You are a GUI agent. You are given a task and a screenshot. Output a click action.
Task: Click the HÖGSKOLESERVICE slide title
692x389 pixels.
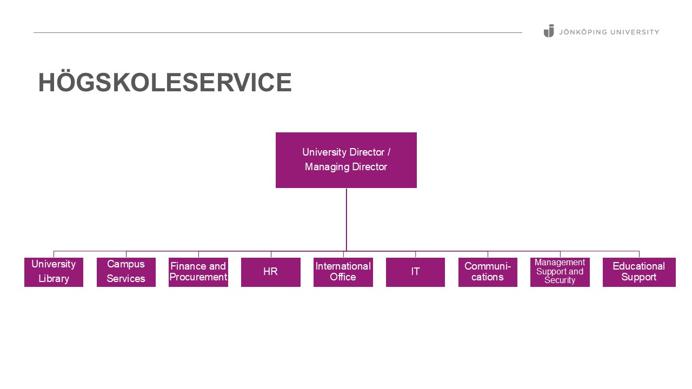click(165, 83)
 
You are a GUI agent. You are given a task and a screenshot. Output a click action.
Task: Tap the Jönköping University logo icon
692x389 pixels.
click(549, 31)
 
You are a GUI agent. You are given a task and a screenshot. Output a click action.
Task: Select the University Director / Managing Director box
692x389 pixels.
click(346, 160)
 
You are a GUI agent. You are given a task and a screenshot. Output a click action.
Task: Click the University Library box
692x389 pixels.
click(54, 272)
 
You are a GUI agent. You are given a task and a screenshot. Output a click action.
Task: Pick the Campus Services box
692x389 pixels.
click(126, 272)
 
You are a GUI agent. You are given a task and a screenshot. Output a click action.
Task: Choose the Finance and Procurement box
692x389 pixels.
click(198, 272)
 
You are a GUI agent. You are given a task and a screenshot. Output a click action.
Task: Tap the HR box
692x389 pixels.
click(270, 272)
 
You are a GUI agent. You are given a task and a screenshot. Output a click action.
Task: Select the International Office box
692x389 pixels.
click(343, 272)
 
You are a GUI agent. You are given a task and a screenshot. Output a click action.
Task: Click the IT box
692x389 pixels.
click(415, 272)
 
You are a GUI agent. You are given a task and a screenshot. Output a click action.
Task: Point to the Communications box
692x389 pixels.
click(488, 272)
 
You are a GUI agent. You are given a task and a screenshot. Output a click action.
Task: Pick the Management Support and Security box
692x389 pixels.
click(560, 272)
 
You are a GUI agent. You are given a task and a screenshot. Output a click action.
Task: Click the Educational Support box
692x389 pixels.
click(639, 272)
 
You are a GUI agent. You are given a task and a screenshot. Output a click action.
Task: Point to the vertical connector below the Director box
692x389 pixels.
click(346, 219)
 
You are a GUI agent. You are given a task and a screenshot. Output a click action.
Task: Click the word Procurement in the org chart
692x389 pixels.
click(198, 277)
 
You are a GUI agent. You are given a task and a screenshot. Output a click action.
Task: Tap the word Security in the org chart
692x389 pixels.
click(560, 280)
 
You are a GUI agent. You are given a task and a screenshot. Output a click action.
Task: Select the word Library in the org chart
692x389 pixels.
click(54, 279)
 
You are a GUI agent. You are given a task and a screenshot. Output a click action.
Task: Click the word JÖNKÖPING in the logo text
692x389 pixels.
click(581, 32)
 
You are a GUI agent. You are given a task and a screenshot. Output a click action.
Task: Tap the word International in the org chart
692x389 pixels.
click(343, 266)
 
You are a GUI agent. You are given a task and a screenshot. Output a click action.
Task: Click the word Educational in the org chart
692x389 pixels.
click(639, 266)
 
